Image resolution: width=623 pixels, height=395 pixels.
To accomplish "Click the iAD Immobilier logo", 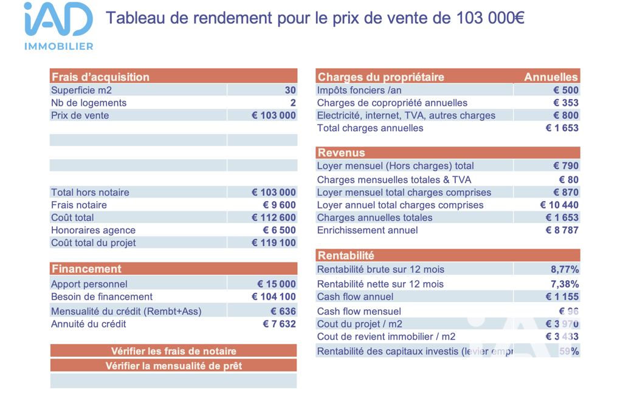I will pos(58,26).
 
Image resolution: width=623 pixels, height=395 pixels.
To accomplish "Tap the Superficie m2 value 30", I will pos(290,91).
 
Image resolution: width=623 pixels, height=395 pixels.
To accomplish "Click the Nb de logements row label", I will pos(89,103).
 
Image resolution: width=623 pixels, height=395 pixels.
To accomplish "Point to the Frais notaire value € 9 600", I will pos(279,205).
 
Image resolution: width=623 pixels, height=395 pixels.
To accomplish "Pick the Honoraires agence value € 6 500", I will pos(279,230).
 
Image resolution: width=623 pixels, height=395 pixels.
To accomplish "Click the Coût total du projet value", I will pos(274,242).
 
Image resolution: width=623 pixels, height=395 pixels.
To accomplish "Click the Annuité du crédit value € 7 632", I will pos(279,324).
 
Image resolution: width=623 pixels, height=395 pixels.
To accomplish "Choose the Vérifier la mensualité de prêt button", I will pos(174,366).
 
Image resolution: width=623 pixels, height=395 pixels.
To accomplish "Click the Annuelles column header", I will pos(551,77).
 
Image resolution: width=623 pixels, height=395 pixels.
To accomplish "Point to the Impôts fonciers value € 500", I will pos(566,90).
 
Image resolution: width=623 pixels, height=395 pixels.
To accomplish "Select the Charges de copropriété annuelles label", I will pos(392,103).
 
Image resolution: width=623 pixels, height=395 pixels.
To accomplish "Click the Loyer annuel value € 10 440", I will pos(559,205).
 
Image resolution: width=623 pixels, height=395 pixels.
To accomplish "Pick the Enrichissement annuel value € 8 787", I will pos(562,230).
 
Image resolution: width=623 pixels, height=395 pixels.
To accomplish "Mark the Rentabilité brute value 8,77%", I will pos(565,269).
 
